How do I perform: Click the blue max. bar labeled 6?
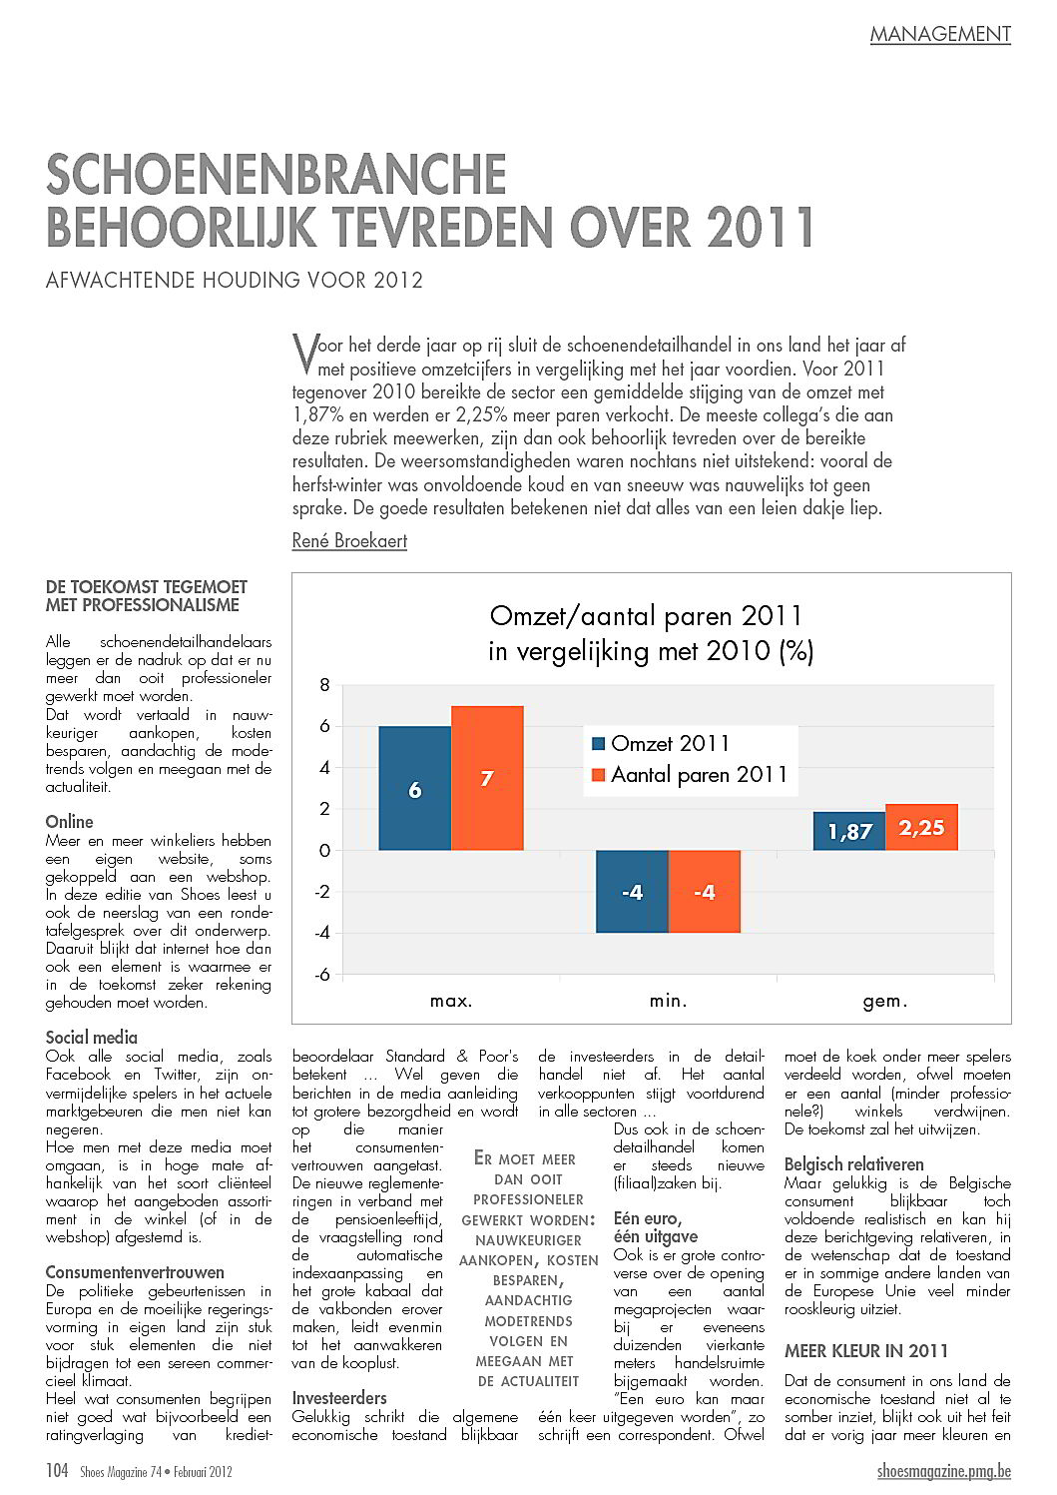click(x=414, y=788)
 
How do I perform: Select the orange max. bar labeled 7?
click(x=487, y=778)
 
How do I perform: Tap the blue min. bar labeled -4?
click(x=632, y=892)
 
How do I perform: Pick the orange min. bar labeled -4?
click(x=705, y=892)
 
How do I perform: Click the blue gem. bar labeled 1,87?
click(x=849, y=831)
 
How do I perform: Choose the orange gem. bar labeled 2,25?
click(x=921, y=827)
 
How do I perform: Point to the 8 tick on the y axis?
click(x=324, y=685)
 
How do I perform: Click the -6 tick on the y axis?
click(x=321, y=975)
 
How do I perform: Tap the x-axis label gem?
click(x=885, y=1001)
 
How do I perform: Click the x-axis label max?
click(x=451, y=1001)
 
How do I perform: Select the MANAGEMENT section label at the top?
click(x=940, y=34)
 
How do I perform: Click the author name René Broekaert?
click(x=349, y=541)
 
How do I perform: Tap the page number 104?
click(x=57, y=1471)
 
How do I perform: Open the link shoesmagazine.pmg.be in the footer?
click(x=944, y=1471)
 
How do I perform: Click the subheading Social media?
click(x=92, y=1038)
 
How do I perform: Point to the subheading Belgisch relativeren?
click(x=854, y=1164)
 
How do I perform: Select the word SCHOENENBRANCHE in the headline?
click(x=276, y=175)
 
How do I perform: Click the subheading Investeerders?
click(x=339, y=1398)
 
